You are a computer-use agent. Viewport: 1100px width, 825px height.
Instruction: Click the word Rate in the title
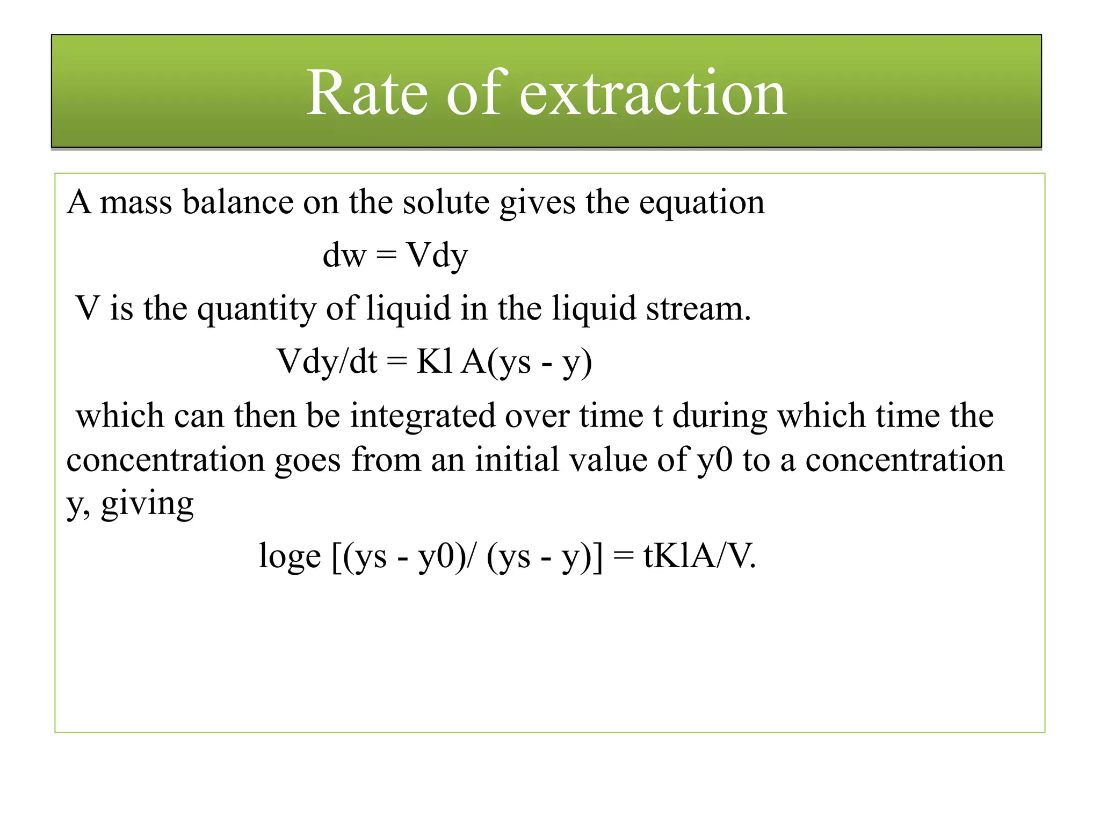[367, 93]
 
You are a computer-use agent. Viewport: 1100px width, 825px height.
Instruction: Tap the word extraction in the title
[653, 93]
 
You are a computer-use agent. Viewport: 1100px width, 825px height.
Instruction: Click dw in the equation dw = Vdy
[344, 255]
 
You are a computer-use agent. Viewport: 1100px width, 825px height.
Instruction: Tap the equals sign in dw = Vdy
[387, 255]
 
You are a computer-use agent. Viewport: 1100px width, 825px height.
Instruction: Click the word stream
[698, 309]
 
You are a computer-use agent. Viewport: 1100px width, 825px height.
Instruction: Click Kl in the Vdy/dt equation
[434, 361]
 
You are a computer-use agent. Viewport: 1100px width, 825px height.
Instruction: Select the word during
[720, 417]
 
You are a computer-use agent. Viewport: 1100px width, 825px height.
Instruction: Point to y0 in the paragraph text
[714, 460]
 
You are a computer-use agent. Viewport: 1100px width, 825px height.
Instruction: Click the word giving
[147, 504]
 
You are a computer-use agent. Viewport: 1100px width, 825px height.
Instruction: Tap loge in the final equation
[290, 556]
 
